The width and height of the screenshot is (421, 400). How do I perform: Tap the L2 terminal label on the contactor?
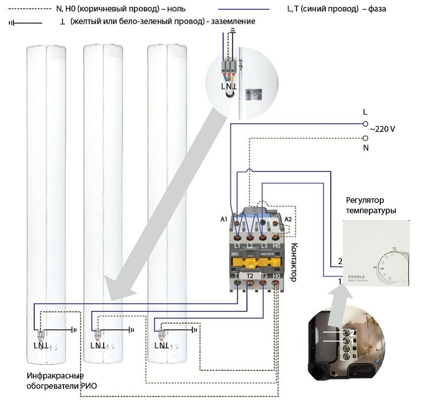click(x=250, y=246)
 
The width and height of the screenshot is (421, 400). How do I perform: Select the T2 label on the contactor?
click(x=250, y=276)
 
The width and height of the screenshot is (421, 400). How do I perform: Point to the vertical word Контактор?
click(x=292, y=263)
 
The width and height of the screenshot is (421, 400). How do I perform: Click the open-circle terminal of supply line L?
click(x=366, y=123)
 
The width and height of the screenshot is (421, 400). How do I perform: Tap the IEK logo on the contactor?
click(x=234, y=254)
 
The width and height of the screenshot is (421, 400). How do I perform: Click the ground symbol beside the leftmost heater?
click(x=75, y=329)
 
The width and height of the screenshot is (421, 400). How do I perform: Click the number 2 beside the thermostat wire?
click(x=340, y=261)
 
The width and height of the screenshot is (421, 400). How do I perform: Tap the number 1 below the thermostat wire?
click(x=340, y=282)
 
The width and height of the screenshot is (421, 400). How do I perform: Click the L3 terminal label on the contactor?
click(x=263, y=246)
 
